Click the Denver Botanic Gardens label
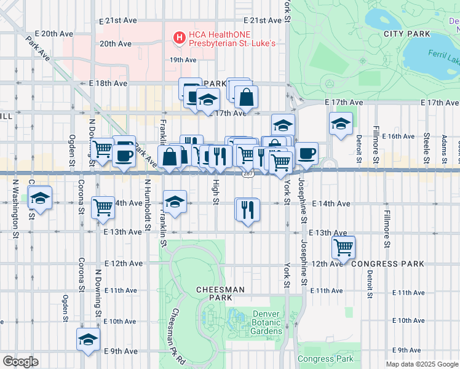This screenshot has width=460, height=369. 267,322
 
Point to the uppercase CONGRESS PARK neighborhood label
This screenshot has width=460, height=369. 387,264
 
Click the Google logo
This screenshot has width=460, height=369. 20,362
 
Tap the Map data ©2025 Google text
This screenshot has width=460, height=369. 421,364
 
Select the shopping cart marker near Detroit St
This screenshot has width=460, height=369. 343,247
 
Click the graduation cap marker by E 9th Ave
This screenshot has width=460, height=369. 88,339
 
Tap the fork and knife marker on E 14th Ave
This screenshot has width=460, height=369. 248,209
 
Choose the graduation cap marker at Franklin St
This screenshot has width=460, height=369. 175,202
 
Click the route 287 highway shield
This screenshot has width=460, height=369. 247,174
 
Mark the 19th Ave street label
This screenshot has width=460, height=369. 183,60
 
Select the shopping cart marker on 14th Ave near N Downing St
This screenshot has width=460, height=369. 103,207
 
